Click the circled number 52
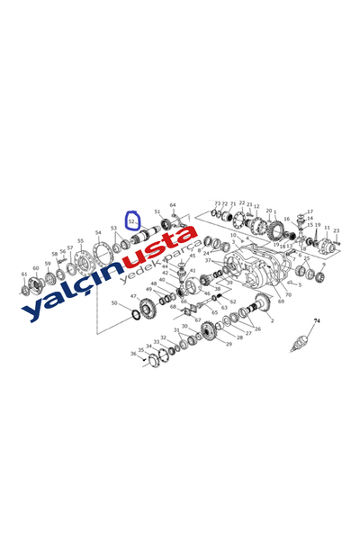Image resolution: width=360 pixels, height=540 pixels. pos(132,220)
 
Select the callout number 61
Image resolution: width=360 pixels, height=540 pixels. pos(24,274)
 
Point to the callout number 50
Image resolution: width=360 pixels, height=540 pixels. pos(113,303)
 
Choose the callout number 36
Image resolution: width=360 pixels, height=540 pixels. pos(132,354)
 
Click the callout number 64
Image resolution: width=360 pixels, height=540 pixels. pos(173,206)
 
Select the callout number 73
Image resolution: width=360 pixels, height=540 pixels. pos(217,204)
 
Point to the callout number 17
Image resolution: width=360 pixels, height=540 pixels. pos(310,212)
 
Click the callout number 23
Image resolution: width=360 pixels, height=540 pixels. pos(336,231)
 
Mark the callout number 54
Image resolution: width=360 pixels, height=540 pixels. pos(98,233)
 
